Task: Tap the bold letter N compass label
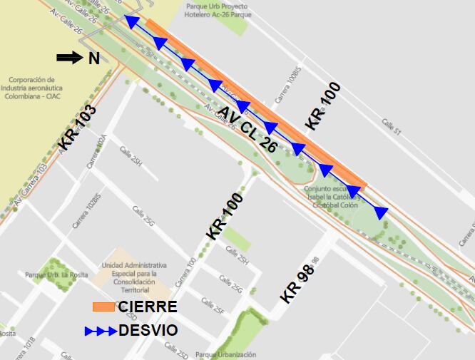click(x=94, y=59)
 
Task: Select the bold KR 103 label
click(x=77, y=125)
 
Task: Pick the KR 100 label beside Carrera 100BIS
click(x=323, y=106)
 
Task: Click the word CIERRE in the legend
click(x=148, y=307)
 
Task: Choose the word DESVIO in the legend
click(x=148, y=331)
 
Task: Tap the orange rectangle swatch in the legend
click(x=104, y=307)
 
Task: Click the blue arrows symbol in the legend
click(x=101, y=331)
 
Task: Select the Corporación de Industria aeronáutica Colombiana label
click(x=32, y=88)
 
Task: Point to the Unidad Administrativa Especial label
click(x=129, y=277)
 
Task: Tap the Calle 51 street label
click(x=392, y=126)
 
